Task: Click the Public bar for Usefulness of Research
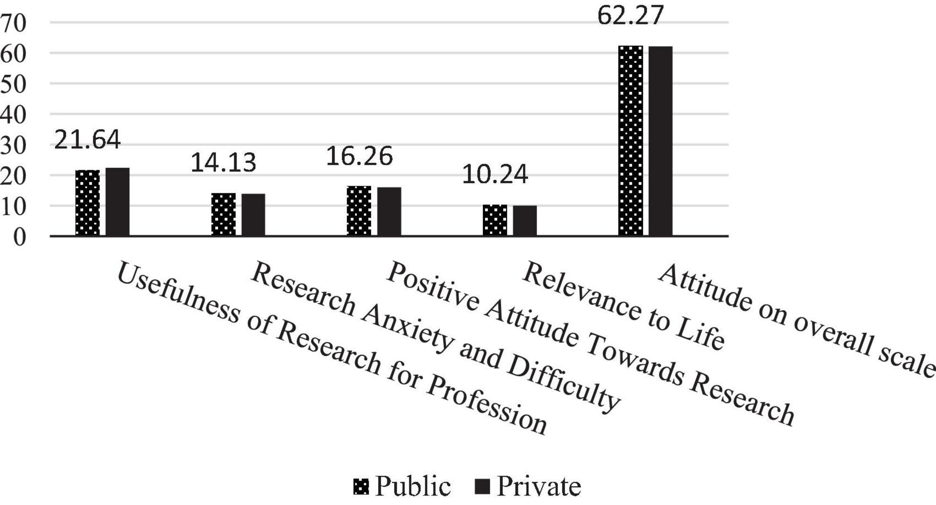[x=88, y=203]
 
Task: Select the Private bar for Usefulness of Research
[x=118, y=202]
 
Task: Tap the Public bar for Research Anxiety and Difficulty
[x=223, y=215]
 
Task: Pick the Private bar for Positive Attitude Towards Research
[x=389, y=212]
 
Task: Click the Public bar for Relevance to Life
[x=495, y=220]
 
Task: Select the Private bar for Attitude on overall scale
[x=660, y=141]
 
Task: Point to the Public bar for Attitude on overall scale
[x=631, y=141]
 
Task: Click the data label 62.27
[x=631, y=15]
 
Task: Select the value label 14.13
[x=223, y=163]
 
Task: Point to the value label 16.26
[x=359, y=156]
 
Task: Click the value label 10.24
[x=495, y=174]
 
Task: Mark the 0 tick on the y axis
[x=19, y=237]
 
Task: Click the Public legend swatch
[x=361, y=486]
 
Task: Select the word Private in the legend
[x=539, y=486]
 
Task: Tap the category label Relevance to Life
[x=623, y=306]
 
